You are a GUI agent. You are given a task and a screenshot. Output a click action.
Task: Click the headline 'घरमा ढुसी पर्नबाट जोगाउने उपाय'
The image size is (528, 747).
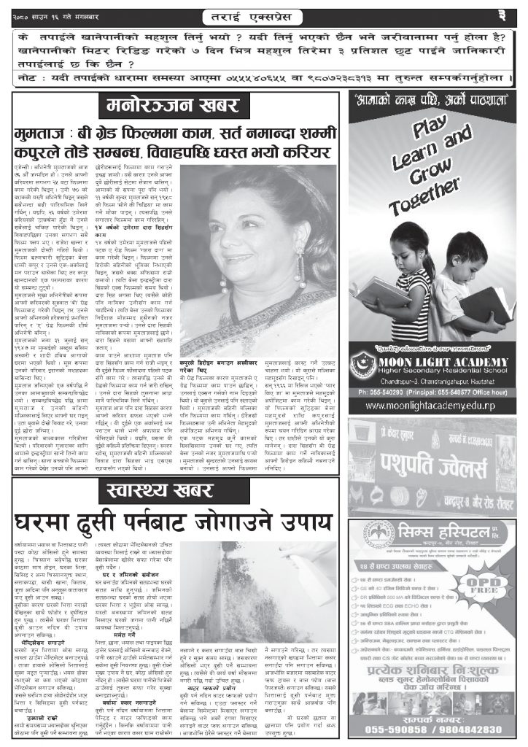tap(172, 522)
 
